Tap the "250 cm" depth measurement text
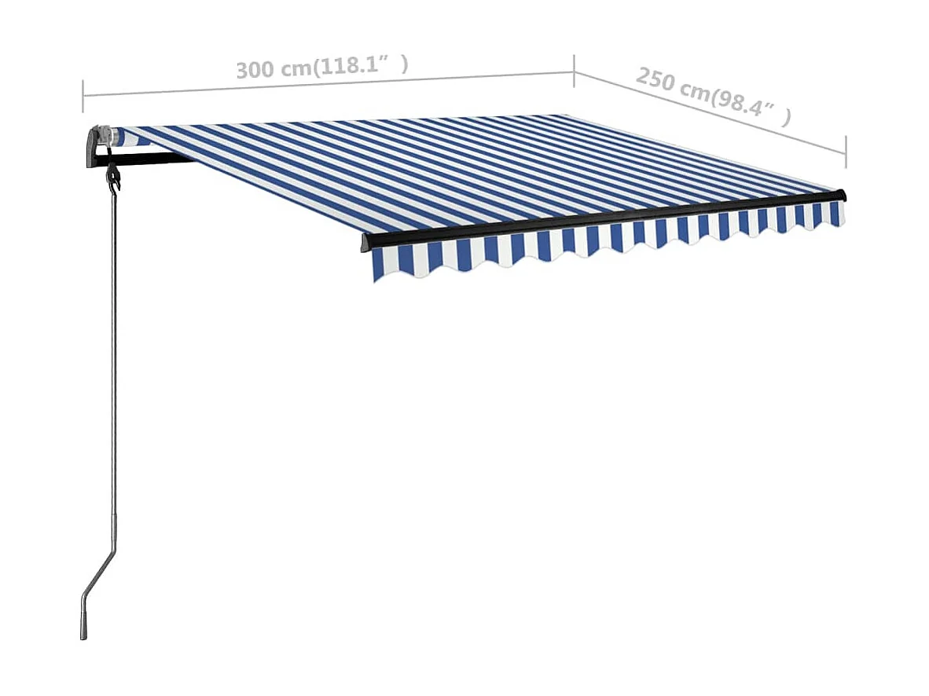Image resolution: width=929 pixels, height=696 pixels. pyautogui.click(x=671, y=85)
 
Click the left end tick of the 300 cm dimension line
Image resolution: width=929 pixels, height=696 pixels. pyautogui.click(x=83, y=95)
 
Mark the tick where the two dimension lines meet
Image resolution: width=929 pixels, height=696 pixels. pyautogui.click(x=575, y=71)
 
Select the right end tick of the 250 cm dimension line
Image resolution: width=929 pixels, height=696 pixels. pyautogui.click(x=846, y=151)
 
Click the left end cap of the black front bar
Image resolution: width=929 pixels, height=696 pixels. pyautogui.click(x=365, y=242)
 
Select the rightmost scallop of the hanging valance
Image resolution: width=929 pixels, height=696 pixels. pyautogui.click(x=836, y=214)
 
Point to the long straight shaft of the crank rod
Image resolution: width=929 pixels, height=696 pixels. pyautogui.click(x=115, y=353)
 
